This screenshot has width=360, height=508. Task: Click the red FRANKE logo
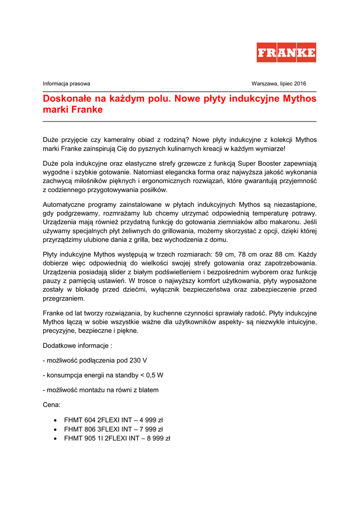[286, 53]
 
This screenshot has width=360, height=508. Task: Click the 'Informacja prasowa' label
[67, 84]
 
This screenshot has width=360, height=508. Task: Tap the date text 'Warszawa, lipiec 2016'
[279, 84]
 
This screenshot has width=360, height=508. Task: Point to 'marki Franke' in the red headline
[72, 110]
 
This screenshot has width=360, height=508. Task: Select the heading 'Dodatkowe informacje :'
[77, 345]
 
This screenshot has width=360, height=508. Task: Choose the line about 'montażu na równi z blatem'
[101, 390]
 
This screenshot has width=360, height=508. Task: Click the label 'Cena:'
[52, 405]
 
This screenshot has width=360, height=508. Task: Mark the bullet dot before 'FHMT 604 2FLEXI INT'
[55, 420]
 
